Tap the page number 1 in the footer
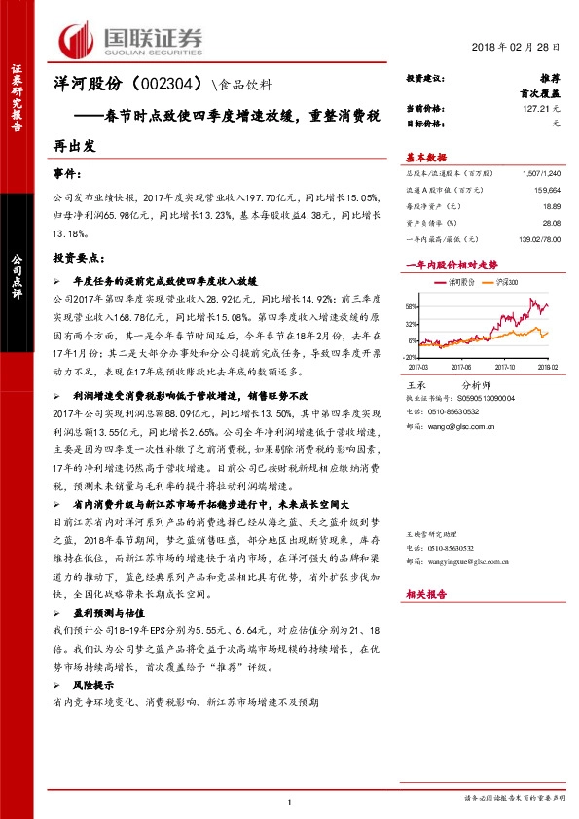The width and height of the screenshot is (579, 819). click(x=290, y=800)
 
